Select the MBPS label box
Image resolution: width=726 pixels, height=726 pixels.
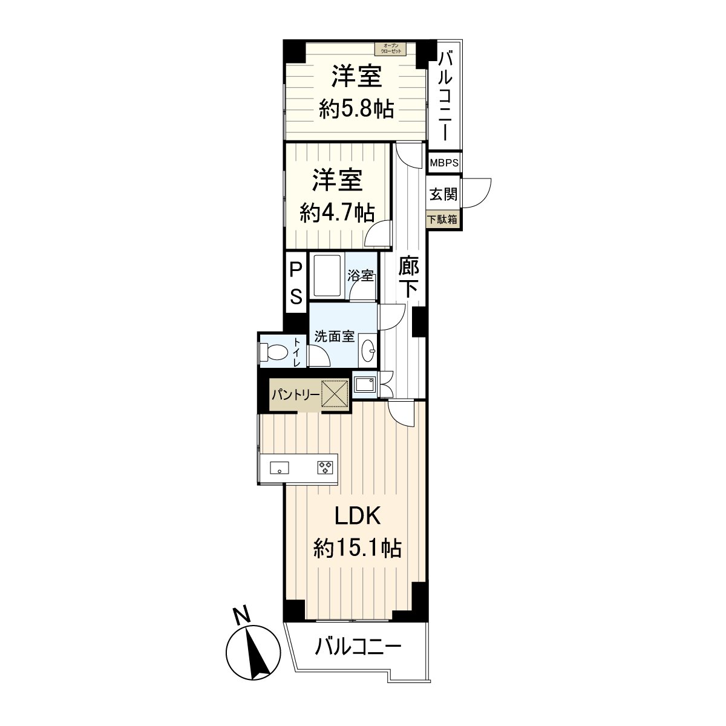click(x=444, y=163)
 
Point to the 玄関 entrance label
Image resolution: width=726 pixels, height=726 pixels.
click(x=443, y=195)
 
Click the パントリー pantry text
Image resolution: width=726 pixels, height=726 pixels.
click(x=295, y=395)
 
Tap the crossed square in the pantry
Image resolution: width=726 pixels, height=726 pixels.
click(x=335, y=394)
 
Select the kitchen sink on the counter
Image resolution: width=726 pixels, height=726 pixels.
click(x=279, y=467)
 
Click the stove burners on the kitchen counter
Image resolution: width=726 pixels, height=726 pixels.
click(x=325, y=466)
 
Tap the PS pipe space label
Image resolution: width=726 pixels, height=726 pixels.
click(x=296, y=283)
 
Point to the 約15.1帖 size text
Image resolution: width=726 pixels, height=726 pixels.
click(x=357, y=548)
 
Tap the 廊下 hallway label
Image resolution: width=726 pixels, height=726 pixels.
click(x=409, y=276)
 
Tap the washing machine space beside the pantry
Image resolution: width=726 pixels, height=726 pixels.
click(x=364, y=384)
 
